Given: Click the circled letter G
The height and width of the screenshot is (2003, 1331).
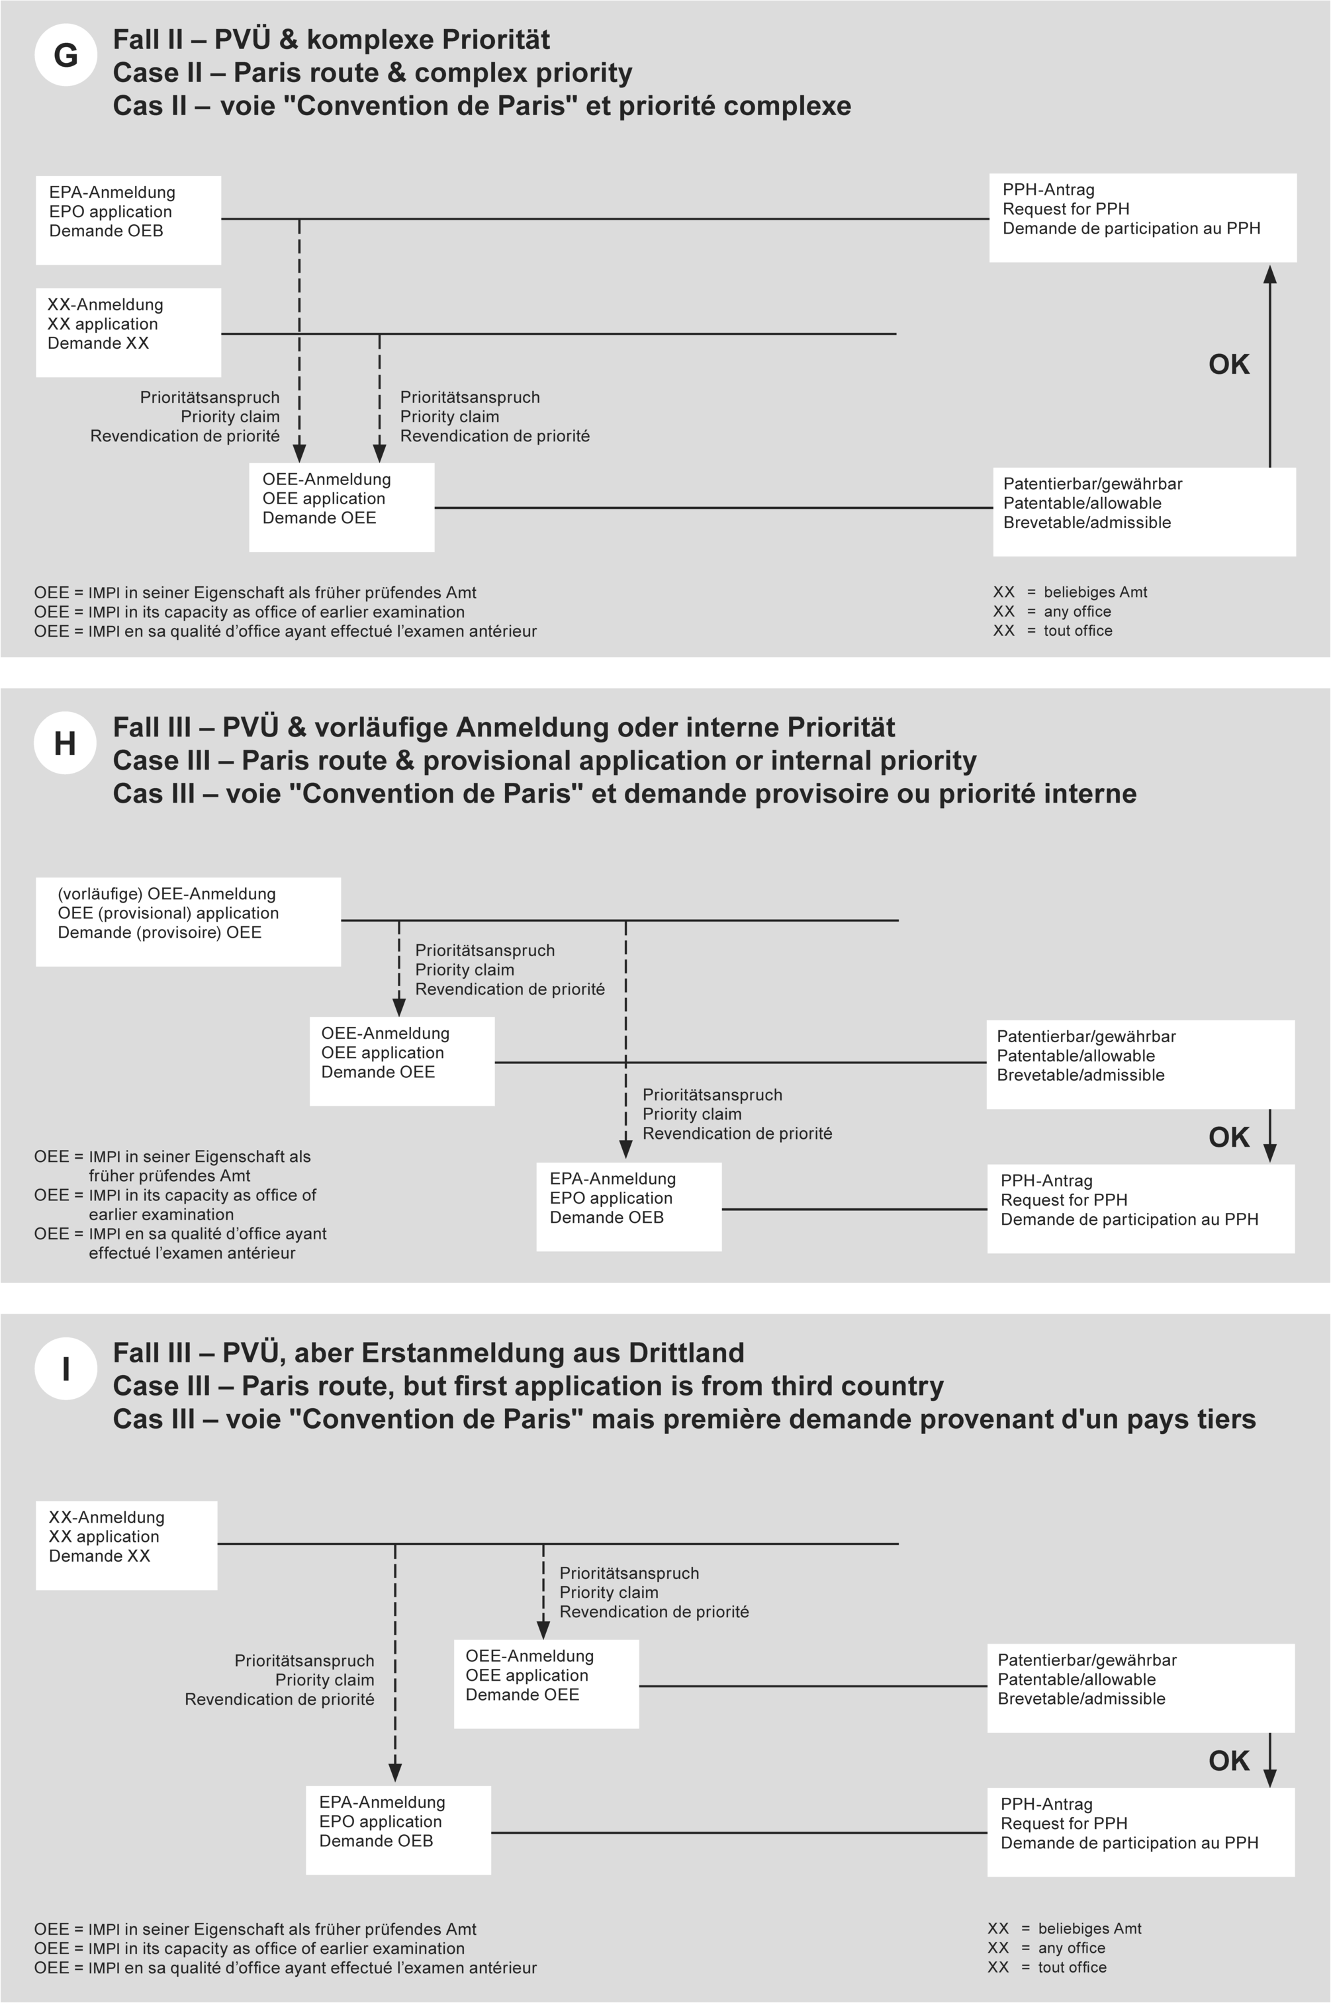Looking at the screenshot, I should pos(66,56).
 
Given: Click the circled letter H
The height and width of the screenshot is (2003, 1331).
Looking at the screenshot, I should pos(66,744).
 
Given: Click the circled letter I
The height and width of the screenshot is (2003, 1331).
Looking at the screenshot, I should pos(66,1369).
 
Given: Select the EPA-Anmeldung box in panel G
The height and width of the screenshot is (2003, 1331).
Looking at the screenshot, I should pos(128,220).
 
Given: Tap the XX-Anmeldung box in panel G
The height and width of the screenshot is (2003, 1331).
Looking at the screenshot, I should pos(128,332).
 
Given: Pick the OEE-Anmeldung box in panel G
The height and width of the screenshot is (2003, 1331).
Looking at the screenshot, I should pos(342,507).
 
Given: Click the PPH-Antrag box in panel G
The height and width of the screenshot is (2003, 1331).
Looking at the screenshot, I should pos(1142,217).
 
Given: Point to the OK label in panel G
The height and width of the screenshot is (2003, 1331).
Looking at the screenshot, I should pos(1228,364).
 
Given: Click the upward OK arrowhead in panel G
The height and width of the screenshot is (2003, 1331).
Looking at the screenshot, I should pos(1270,274).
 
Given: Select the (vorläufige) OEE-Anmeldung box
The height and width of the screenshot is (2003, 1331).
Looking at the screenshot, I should pos(187,921).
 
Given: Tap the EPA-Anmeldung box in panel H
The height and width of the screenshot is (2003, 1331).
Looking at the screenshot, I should pos(628,1206).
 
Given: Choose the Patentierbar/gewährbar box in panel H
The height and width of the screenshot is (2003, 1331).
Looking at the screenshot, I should pos(1140,1063).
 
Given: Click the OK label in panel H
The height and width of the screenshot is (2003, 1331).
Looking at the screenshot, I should pos(1228,1137).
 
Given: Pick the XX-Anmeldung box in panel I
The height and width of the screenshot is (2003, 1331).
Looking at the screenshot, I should pos(126,1544).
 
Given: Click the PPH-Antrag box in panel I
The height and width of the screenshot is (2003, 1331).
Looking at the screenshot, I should pos(1140,1832).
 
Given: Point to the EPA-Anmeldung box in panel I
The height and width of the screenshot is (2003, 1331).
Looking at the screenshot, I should pos(398,1830).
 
